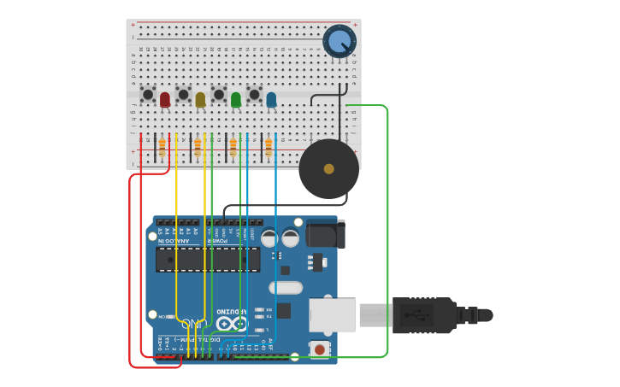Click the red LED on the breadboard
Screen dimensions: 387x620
(x=165, y=99)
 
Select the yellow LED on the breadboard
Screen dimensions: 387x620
(x=200, y=99)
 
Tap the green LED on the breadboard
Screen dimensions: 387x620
(x=236, y=99)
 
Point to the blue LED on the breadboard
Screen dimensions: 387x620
(x=271, y=99)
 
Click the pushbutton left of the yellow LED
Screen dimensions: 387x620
(x=183, y=94)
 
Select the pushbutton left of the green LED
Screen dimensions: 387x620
(x=219, y=94)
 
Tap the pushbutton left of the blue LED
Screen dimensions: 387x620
(x=254, y=94)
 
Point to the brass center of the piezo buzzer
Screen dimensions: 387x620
(x=328, y=168)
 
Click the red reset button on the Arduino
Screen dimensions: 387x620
(x=319, y=349)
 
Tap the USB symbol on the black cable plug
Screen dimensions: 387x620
(x=422, y=314)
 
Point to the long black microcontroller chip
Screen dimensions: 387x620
(x=208, y=260)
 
